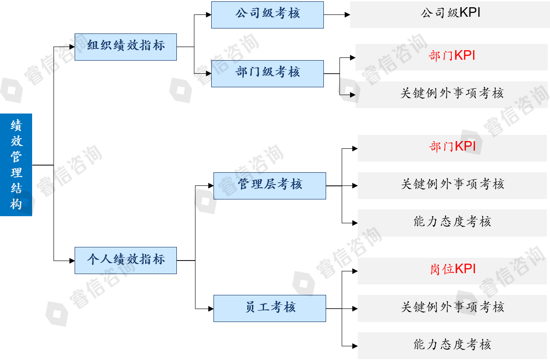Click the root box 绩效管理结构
[x=16, y=165]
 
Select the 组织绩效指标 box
[x=126, y=47]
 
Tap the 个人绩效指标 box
[x=126, y=260]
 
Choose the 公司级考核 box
[x=267, y=14]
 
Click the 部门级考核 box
[x=267, y=73]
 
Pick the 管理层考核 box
[x=270, y=185]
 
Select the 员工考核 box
[x=270, y=308]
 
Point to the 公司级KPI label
[x=450, y=13]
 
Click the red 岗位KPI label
[x=452, y=270]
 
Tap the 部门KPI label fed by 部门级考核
[x=452, y=56]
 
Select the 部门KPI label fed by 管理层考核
[x=452, y=147]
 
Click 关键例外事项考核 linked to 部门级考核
[x=452, y=94]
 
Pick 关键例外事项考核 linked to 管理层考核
[x=452, y=185]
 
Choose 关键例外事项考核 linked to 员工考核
[x=452, y=308]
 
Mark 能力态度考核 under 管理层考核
[x=452, y=222]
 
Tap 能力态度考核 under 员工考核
[x=452, y=345]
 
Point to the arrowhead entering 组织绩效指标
[x=72, y=47]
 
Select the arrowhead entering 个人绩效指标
[x=72, y=261]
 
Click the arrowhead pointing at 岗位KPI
[x=355, y=271]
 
